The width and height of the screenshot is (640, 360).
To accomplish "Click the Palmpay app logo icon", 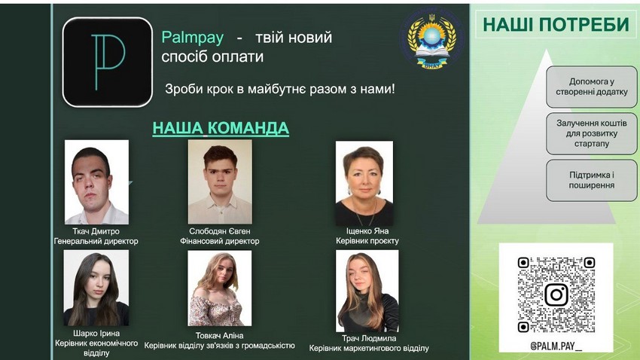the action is (108, 62).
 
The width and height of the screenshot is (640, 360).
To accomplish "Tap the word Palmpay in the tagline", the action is (193, 38).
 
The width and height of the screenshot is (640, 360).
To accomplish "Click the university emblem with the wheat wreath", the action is (432, 39).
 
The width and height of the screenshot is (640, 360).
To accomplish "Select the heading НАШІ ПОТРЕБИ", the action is (556, 25).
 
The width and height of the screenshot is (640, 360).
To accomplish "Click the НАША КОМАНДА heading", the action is (221, 128).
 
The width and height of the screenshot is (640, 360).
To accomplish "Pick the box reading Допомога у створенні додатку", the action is (591, 87).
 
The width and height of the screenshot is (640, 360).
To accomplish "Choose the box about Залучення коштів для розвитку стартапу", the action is (591, 133).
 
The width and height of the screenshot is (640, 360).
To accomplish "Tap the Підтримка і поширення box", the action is (591, 180).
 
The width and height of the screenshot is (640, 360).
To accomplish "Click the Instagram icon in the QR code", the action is (556, 294).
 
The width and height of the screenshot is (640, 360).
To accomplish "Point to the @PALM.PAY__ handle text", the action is (556, 346).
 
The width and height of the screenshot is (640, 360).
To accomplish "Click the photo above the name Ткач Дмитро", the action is (96, 182).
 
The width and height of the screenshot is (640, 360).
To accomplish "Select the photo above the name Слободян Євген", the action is (220, 182).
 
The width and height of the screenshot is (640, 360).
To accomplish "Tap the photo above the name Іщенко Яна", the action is (364, 183).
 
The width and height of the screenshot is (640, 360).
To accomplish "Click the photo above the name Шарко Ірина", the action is (96, 288).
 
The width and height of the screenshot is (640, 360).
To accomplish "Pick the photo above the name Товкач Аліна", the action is (220, 288).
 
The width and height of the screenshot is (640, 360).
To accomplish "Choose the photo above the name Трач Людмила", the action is (367, 291).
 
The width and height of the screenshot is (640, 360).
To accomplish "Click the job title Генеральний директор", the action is (96, 241).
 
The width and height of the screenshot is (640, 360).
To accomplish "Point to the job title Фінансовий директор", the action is (220, 241).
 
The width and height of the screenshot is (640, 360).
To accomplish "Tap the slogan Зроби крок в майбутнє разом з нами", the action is (280, 89).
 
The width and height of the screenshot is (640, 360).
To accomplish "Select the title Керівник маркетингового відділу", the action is (369, 348).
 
